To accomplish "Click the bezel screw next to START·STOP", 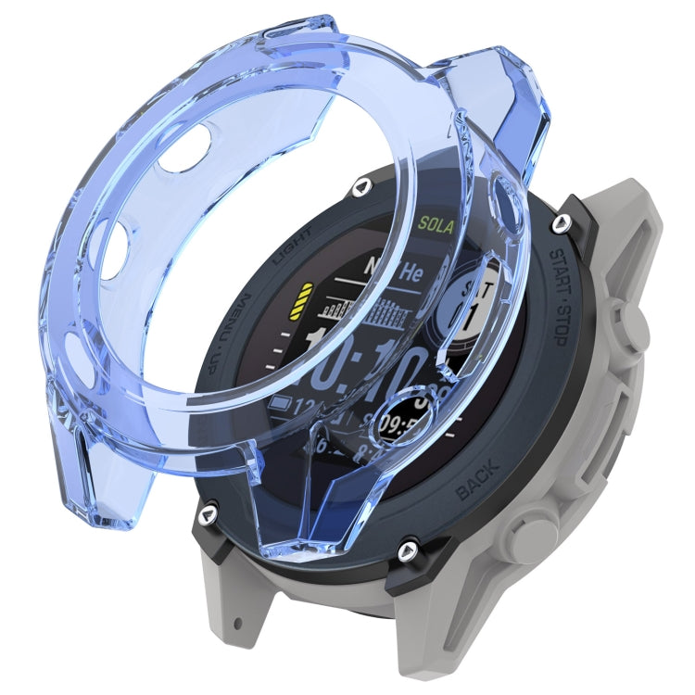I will [561, 223].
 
